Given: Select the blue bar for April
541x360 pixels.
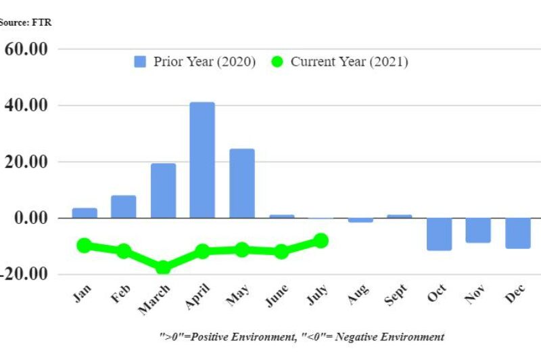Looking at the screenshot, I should (202, 160).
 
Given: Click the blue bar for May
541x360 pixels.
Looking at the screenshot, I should (241, 183).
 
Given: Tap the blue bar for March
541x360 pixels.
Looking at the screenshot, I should (163, 190).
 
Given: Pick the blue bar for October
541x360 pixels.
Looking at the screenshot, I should (439, 234).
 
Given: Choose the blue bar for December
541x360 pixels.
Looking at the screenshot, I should (517, 233).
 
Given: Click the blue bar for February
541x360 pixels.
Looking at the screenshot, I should (124, 206).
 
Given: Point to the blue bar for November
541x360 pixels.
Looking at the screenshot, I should (478, 230).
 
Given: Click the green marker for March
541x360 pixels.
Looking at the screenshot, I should (163, 267).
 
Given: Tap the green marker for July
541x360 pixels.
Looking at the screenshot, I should (321, 240).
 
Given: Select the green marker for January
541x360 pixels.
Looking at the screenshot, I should (85, 245).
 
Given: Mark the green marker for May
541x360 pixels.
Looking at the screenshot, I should (241, 250).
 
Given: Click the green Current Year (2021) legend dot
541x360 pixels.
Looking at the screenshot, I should (277, 62).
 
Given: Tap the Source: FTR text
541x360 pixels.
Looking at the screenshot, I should (26, 22).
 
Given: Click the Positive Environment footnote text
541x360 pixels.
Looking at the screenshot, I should (302, 336).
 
